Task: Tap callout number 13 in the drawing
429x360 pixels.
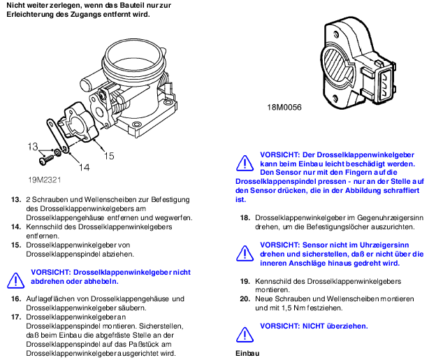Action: (32, 147)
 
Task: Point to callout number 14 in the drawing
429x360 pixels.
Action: (83, 166)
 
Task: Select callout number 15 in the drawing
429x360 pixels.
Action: (109, 156)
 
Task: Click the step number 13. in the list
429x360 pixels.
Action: (15, 200)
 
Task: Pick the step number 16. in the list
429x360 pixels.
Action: (15, 298)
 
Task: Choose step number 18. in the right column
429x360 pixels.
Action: (245, 218)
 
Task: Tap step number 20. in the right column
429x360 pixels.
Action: (245, 298)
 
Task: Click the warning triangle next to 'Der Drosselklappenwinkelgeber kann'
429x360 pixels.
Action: (245, 162)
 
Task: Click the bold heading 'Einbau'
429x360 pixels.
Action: (247, 353)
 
